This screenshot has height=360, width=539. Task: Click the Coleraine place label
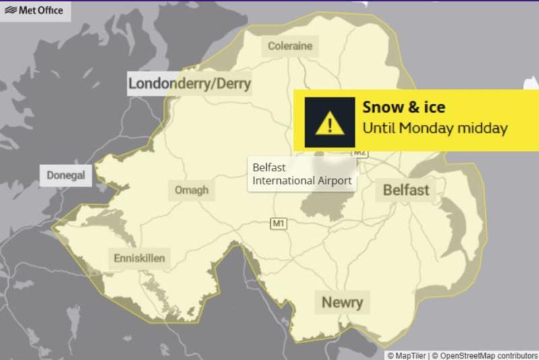(290, 47)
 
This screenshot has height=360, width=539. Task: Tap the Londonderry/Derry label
(189, 84)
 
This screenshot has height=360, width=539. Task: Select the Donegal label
(65, 175)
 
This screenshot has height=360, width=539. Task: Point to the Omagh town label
(191, 190)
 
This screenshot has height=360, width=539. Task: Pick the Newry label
(342, 302)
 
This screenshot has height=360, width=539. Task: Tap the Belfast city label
(406, 190)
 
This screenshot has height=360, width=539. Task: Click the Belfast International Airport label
(301, 174)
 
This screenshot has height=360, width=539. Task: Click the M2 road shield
(360, 153)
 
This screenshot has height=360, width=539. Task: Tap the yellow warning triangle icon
(329, 122)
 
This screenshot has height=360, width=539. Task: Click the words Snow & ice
(404, 107)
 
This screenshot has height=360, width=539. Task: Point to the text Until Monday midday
(435, 127)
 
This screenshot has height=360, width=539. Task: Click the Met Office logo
(34, 10)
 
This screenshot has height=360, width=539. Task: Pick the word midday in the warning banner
(482, 127)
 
